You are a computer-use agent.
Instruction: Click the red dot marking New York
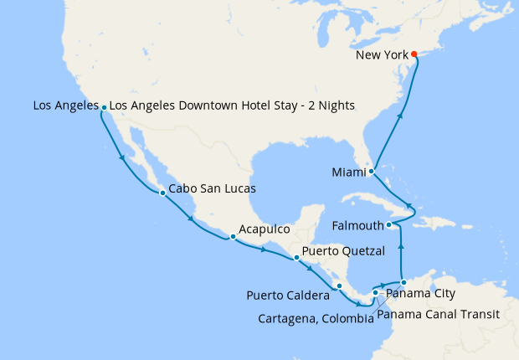(x=414, y=55)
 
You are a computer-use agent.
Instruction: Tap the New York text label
(x=382, y=55)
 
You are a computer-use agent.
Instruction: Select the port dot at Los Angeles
(x=104, y=107)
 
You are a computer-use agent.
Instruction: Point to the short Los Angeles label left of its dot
(x=64, y=105)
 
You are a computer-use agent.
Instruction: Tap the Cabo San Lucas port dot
(x=162, y=193)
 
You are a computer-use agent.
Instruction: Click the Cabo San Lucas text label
(x=212, y=189)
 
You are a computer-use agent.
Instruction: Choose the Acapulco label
(x=264, y=229)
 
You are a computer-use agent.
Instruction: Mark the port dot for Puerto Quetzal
(x=296, y=257)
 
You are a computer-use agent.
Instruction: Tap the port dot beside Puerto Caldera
(x=339, y=286)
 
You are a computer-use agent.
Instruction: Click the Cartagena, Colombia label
(x=315, y=318)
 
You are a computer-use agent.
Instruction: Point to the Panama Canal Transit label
(x=438, y=315)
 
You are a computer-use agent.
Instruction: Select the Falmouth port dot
(x=388, y=225)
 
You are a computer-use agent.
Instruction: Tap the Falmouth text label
(x=357, y=225)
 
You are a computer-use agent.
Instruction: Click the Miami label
(x=349, y=172)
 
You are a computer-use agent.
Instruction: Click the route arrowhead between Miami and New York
(x=399, y=116)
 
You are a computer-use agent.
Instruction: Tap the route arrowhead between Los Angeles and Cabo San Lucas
(x=123, y=158)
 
